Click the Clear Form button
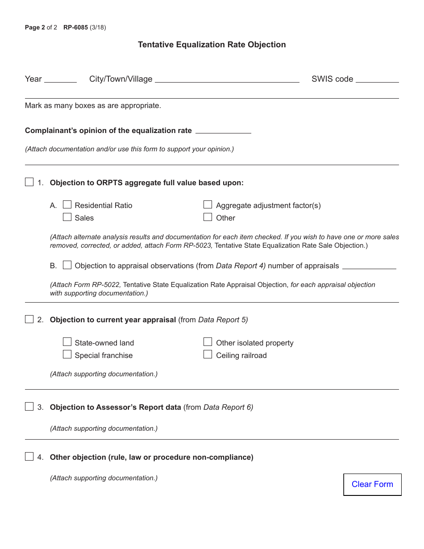pos(372,484)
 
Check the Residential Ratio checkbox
pos(67,205)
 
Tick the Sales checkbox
pos(67,217)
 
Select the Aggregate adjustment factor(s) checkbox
pos(208,205)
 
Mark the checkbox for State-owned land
pos(67,342)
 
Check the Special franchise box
pos(67,355)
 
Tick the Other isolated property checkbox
pos(208,342)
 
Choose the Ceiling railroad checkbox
pos(208,355)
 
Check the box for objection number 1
pos(29,182)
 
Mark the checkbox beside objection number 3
pos(29,407)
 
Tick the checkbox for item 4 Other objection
pos(29,457)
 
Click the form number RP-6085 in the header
pos(75,28)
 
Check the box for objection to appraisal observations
pos(67,265)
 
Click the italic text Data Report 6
pos(228,407)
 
